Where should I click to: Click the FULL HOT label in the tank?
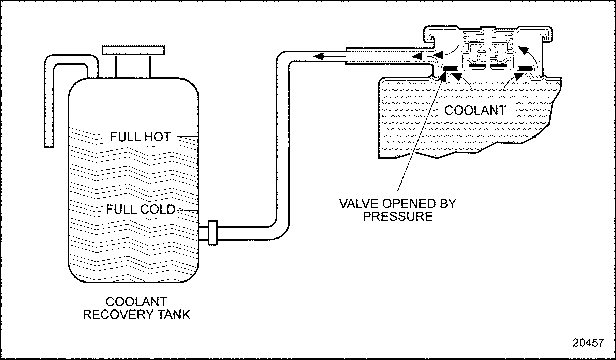140,137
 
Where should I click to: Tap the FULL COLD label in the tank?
141,209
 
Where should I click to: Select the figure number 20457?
588,343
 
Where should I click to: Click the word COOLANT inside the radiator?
475,110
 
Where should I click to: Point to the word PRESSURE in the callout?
398,216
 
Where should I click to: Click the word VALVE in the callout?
358,204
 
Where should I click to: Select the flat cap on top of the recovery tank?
134,50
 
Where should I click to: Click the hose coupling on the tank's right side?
212,232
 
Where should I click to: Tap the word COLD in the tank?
160,209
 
